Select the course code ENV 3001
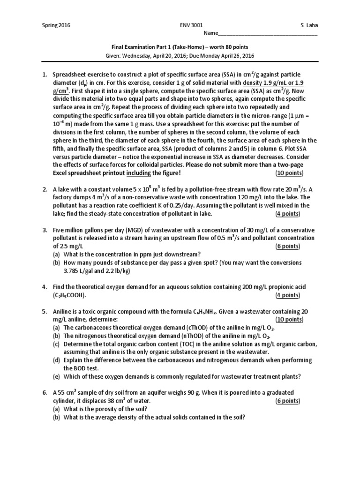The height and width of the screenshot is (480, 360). click(x=193, y=25)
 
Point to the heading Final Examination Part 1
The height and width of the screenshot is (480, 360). click(x=145, y=47)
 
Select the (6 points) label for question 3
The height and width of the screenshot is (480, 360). click(x=288, y=246)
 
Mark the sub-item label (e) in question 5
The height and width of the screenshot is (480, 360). click(x=56, y=376)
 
